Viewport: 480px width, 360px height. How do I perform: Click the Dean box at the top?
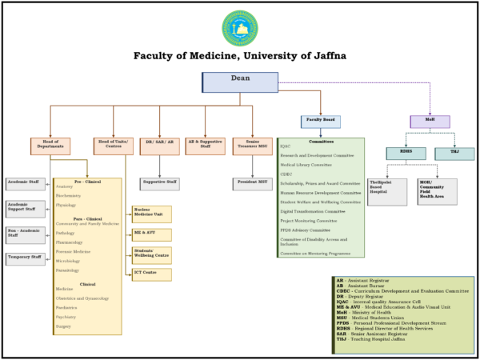240,82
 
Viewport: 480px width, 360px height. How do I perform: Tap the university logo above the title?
239,28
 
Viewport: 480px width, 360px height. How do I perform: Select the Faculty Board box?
320,122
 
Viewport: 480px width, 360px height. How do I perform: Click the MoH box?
430,122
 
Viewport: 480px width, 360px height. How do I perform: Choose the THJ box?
454,153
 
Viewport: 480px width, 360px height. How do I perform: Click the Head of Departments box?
50,146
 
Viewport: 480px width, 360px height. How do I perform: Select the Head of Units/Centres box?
114,146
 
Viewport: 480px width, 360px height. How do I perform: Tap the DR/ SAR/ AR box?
158,146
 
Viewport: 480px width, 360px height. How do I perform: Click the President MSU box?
253,183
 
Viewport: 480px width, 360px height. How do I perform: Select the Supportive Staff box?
159,183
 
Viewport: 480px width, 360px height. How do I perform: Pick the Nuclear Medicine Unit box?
151,214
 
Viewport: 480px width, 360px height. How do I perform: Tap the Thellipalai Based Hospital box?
387,191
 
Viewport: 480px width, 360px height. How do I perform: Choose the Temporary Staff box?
25,258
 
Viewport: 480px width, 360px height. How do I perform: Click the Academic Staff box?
25,183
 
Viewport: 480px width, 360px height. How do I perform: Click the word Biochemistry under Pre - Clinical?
69,195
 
